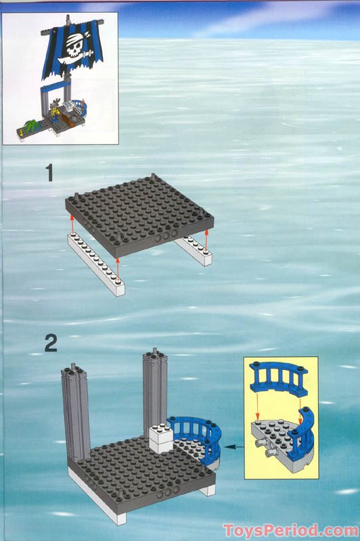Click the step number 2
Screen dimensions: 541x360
click(50, 343)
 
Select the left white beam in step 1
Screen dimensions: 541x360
click(95, 264)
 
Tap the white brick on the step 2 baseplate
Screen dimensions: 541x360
click(161, 439)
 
